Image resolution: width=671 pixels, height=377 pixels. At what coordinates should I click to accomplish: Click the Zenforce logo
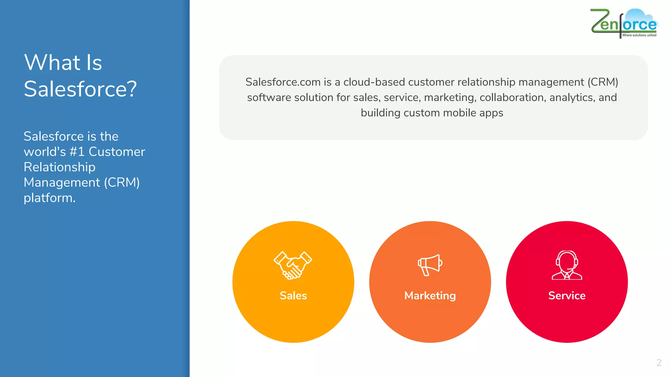[624, 23]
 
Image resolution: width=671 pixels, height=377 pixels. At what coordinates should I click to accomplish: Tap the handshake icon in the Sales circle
[293, 265]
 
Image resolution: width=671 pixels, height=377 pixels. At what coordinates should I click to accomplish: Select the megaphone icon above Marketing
[430, 265]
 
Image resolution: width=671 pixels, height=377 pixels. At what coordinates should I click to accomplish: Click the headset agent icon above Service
[567, 265]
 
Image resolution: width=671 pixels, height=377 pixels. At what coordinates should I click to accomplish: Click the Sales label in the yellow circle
[293, 296]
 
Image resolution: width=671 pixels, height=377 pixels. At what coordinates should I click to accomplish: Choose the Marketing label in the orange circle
[430, 296]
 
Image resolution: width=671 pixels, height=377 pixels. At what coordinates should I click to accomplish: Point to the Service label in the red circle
[567, 296]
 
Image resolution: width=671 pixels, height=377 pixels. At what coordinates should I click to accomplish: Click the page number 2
[659, 363]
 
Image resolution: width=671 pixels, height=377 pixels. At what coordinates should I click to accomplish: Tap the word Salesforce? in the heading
[80, 89]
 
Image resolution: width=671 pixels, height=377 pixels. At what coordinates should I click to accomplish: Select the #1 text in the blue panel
[77, 152]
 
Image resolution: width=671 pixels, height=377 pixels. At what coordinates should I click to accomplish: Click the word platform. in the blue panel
[49, 198]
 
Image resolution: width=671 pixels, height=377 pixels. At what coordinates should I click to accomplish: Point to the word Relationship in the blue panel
[60, 167]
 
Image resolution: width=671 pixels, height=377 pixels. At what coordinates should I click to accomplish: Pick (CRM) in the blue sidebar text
[122, 182]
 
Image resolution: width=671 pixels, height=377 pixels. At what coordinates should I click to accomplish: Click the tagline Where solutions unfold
[639, 35]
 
